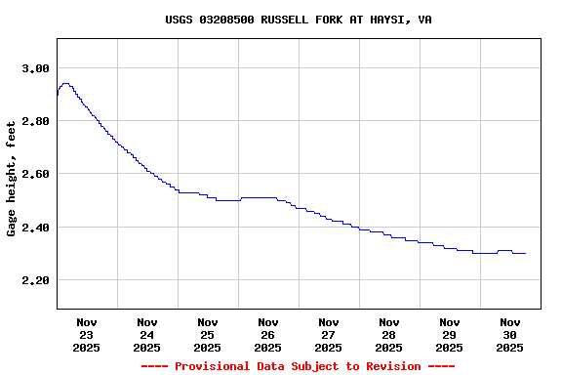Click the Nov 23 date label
(87, 334)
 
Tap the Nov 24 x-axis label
(147, 334)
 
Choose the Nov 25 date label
(208, 334)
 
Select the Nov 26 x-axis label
(268, 334)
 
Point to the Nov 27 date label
(329, 334)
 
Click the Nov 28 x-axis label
(389, 334)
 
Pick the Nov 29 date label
(450, 334)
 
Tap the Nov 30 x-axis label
(510, 334)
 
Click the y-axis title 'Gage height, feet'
(12, 179)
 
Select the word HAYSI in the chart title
(382, 20)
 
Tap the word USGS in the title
(179, 20)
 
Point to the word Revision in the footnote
(390, 366)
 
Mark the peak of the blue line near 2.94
(65, 84)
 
